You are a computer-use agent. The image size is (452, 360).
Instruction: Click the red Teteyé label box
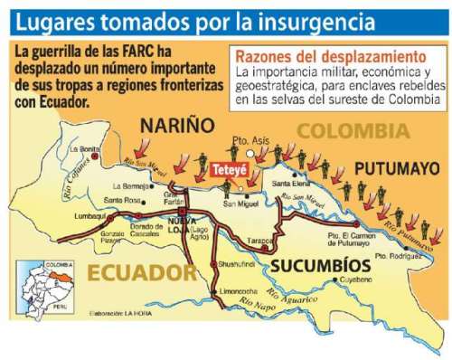pyautogui.click(x=228, y=170)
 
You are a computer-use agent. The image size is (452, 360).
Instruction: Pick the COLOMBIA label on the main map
pyautogui.click(x=345, y=131)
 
